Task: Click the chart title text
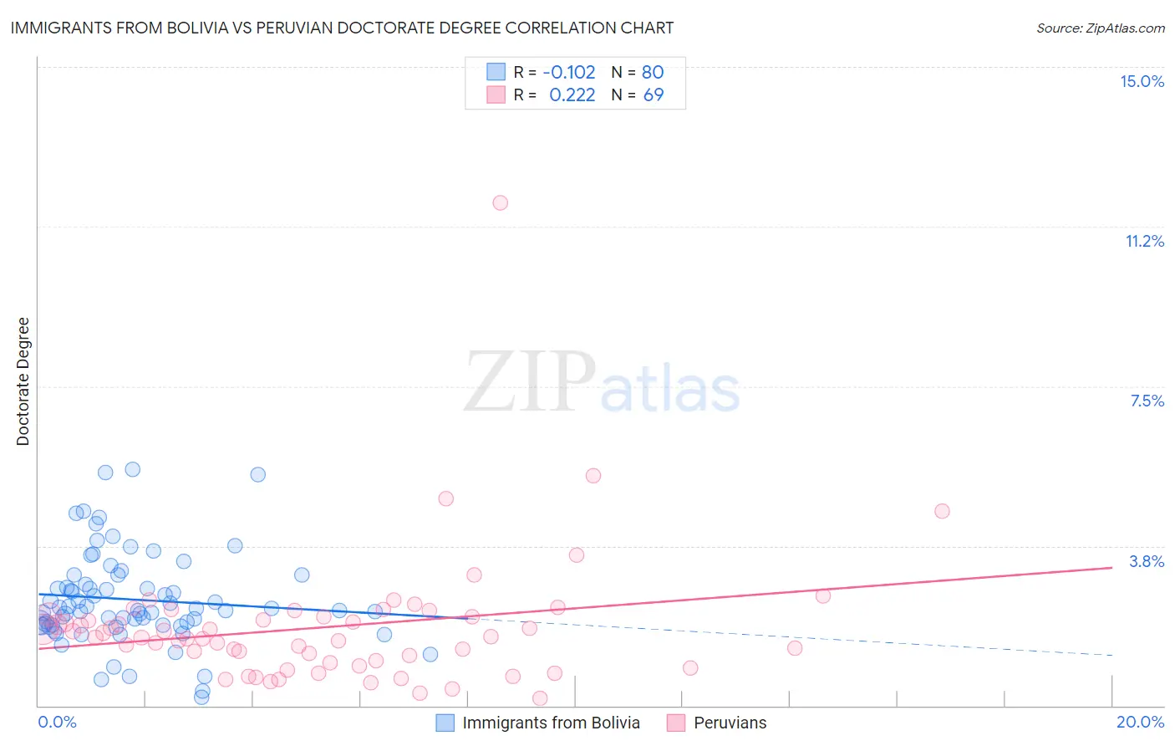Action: click(x=342, y=28)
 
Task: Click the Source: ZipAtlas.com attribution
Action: click(x=1100, y=28)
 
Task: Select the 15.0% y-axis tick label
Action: click(x=1142, y=81)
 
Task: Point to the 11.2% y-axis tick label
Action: click(x=1144, y=241)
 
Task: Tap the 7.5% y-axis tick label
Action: click(x=1147, y=401)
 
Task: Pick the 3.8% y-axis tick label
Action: click(x=1147, y=561)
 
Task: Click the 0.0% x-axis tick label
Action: click(x=57, y=722)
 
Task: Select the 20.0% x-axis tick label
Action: click(x=1140, y=722)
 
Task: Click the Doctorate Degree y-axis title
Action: click(x=23, y=381)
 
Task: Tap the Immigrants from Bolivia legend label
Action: click(x=551, y=723)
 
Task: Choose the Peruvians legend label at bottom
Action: click(x=730, y=723)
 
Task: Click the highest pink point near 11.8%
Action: click(x=500, y=202)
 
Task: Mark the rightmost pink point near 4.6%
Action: click(x=942, y=511)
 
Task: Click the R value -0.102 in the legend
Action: click(x=568, y=72)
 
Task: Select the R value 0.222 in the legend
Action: click(x=572, y=95)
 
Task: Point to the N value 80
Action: click(x=653, y=72)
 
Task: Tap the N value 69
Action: click(x=653, y=95)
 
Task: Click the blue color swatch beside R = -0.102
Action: click(x=496, y=72)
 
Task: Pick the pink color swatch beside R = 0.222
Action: click(x=496, y=95)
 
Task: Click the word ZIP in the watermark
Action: click(x=530, y=382)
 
